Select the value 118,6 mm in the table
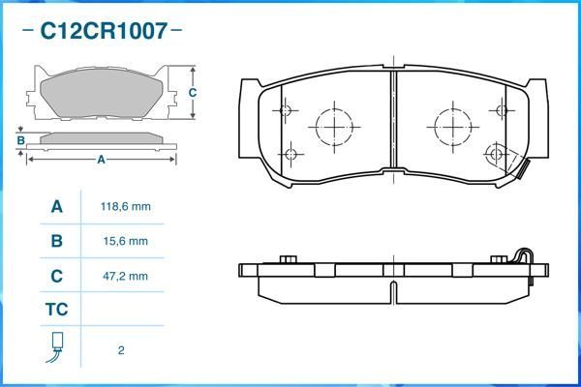click(x=126, y=207)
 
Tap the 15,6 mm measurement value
click(x=126, y=241)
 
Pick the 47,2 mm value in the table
click(x=126, y=276)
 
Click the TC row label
click(x=56, y=311)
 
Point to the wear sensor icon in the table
click(x=56, y=348)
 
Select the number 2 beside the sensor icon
click(x=121, y=350)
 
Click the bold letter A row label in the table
click(x=56, y=207)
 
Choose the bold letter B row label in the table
click(x=56, y=241)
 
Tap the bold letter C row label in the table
click(x=56, y=276)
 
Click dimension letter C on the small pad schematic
click(x=193, y=93)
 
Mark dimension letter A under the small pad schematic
click(x=100, y=160)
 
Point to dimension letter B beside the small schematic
click(x=20, y=141)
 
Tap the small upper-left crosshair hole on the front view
click(x=285, y=109)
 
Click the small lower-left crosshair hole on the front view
click(x=292, y=153)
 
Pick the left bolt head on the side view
click(x=288, y=258)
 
